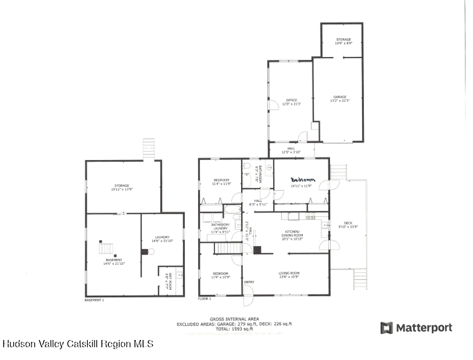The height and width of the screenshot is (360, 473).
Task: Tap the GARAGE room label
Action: [x=339, y=97]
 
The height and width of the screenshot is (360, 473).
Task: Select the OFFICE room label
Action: [x=291, y=100]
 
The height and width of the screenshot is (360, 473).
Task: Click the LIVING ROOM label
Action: [x=289, y=273]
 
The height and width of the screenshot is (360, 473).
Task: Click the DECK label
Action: [x=348, y=223]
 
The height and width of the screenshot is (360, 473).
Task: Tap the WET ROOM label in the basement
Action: [x=170, y=280]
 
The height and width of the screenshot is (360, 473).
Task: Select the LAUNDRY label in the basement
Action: [x=162, y=237]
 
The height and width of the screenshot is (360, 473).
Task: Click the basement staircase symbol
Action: [x=107, y=247]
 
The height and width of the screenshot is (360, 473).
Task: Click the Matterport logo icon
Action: [x=386, y=328]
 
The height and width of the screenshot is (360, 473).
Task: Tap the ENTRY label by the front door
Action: [x=249, y=282]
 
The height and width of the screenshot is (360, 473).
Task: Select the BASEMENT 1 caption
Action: [x=94, y=300]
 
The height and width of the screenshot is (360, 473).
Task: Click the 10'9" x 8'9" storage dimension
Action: [x=343, y=44]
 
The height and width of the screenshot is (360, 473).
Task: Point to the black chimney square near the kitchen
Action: [x=257, y=249]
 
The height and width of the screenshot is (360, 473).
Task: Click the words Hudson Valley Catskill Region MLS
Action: [x=78, y=344]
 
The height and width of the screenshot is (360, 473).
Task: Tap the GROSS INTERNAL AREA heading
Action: [x=234, y=319]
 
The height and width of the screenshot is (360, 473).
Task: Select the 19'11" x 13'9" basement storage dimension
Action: [x=123, y=190]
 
